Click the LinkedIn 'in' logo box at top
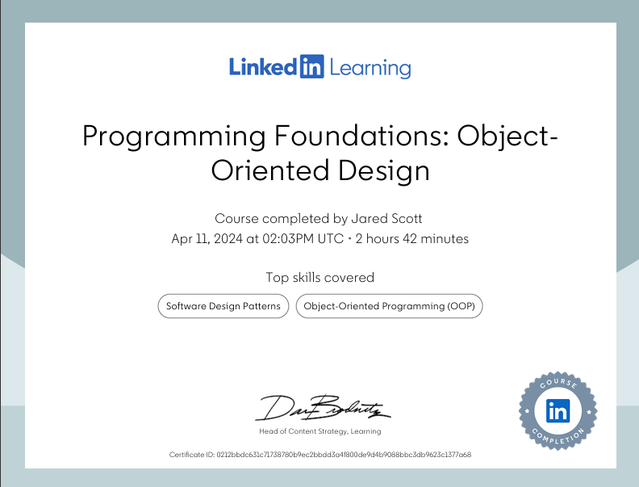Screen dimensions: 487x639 311,66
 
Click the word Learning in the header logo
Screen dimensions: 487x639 369,68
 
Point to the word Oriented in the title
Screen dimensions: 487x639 265,170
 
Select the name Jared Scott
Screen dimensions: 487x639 390,218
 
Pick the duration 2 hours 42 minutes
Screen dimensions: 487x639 412,239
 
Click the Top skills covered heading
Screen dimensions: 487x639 320,277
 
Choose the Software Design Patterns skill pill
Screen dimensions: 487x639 223,306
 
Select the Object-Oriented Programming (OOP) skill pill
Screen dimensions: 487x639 389,306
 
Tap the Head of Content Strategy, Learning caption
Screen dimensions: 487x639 320,431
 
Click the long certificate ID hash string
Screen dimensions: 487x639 344,455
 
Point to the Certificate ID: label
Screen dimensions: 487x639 192,455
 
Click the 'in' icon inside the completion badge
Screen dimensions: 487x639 558,411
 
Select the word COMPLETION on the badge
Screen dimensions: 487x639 558,437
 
